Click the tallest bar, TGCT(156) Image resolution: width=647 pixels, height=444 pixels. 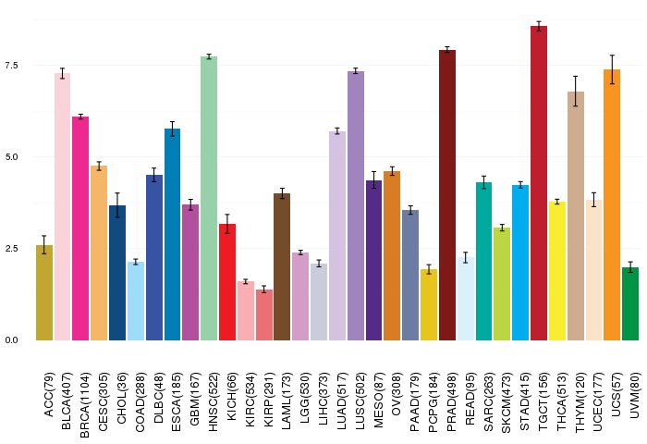point(539,183)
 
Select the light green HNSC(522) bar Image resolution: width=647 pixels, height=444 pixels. point(209,198)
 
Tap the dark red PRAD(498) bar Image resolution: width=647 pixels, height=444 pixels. point(447,195)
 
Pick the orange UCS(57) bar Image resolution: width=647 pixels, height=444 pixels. point(612,204)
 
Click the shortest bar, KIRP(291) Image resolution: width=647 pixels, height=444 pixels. point(264,314)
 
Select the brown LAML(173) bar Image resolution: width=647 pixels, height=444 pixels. point(282,266)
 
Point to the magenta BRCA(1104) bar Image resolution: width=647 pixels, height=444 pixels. point(80,228)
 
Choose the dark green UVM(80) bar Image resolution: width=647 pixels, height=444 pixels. point(630,304)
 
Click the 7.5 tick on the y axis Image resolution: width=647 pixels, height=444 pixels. point(11,66)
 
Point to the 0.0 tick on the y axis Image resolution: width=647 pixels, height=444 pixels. point(11,340)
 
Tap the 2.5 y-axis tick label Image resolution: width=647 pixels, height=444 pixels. point(11,249)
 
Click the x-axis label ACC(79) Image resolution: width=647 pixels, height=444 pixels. point(48,395)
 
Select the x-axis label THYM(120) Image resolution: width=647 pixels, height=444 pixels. point(580,402)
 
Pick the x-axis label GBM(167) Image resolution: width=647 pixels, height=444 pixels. point(194,399)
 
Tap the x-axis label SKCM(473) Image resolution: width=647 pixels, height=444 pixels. point(506,402)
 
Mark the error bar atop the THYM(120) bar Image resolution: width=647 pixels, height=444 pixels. point(575,92)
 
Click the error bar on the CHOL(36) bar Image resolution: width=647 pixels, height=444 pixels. point(117,204)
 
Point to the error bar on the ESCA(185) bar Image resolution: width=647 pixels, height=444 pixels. point(173,129)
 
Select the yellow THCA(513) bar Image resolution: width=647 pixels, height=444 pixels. point(557,271)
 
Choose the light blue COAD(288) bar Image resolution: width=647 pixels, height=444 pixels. point(136,302)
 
